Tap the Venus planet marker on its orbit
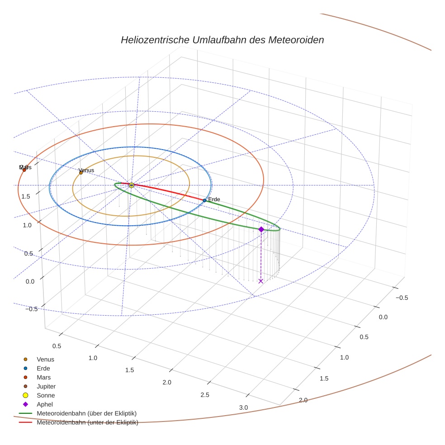(x=81, y=173)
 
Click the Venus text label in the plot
(x=86, y=170)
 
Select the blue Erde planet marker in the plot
(x=204, y=200)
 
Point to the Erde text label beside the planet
(x=214, y=199)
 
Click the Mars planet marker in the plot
(x=24, y=170)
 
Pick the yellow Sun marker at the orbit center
(x=131, y=185)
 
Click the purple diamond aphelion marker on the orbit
(x=261, y=229)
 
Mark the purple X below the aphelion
(x=261, y=281)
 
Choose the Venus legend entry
(x=45, y=360)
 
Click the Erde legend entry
(x=43, y=369)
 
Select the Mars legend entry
(x=44, y=378)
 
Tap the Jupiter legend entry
(x=46, y=387)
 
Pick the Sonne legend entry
(x=46, y=396)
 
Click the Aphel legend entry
(x=44, y=405)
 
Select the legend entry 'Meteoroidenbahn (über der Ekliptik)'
(x=86, y=414)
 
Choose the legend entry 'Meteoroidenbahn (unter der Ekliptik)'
(x=87, y=423)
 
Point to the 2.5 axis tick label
(x=205, y=395)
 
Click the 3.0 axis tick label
(x=243, y=407)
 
